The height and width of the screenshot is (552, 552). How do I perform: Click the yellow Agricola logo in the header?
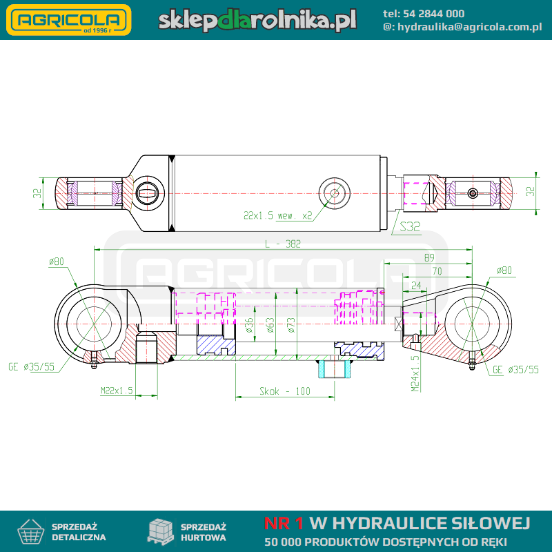tap(68, 20)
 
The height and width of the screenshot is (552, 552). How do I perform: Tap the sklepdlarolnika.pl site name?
tap(257, 20)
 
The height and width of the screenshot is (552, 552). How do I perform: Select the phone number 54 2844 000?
tap(433, 14)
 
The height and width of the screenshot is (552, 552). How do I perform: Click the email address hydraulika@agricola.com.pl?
tap(470, 27)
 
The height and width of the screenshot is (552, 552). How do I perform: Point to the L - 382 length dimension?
tap(283, 244)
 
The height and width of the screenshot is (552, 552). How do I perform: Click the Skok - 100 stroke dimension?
tap(285, 391)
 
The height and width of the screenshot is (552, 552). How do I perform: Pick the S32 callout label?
tap(410, 226)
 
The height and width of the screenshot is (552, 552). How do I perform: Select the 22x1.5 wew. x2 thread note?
tap(278, 215)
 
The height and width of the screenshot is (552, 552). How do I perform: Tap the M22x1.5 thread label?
tap(117, 391)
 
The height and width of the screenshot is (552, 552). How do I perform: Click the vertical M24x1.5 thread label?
tap(415, 373)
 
